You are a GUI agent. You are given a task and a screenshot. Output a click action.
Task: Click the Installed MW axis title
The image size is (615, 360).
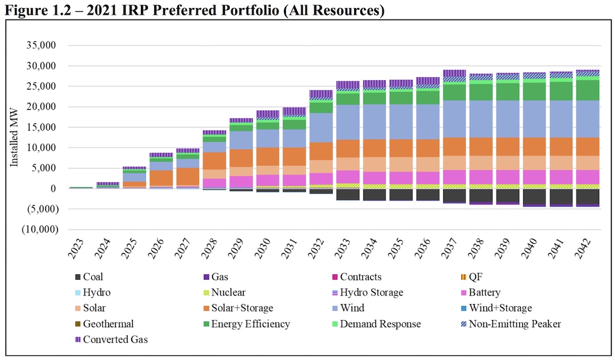15,137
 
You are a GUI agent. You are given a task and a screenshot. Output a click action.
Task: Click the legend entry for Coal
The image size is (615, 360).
93,277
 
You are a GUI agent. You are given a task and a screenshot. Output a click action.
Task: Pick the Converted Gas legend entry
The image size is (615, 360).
115,339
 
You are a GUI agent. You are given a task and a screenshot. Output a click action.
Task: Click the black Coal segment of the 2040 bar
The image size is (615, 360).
532,197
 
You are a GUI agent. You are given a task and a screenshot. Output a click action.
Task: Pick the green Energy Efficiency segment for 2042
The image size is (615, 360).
586,90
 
